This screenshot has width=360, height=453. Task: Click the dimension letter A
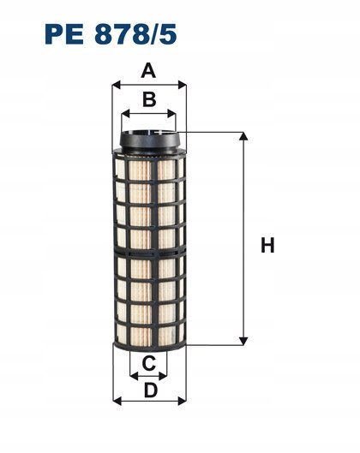[x=148, y=71]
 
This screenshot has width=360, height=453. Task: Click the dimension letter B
[x=149, y=99]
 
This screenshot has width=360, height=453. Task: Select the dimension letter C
[x=149, y=363]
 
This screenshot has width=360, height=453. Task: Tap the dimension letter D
[x=151, y=390]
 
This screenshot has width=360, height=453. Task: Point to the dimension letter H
[x=267, y=245]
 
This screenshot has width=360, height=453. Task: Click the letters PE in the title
[x=64, y=34]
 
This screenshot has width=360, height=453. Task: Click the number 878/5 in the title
[x=135, y=34]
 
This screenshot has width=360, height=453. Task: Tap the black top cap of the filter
[x=149, y=140]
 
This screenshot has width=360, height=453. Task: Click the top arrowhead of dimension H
[x=243, y=136]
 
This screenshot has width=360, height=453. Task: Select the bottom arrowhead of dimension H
[x=243, y=341]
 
